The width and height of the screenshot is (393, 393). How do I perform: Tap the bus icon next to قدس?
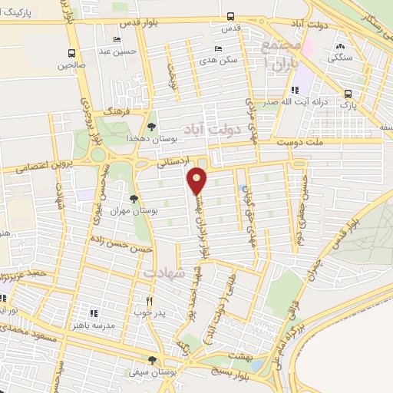[231, 17]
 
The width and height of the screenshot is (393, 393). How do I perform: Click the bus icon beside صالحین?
[71, 53]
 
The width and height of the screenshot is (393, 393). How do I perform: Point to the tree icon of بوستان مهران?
[134, 199]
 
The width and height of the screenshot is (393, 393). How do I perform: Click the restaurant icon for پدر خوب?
[150, 301]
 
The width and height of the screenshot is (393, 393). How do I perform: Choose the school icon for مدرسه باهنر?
[94, 313]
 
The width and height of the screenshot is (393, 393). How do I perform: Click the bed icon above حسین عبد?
[117, 40]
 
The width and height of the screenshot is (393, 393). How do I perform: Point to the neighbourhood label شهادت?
[162, 273]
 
